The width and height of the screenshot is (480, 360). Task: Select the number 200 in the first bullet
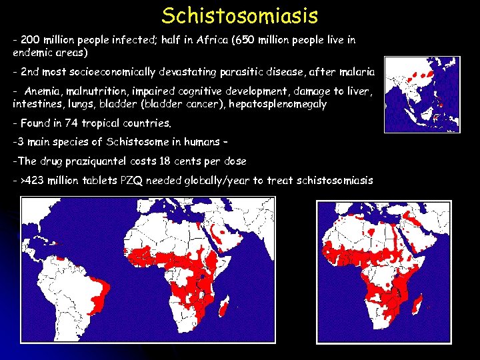point(31,40)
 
